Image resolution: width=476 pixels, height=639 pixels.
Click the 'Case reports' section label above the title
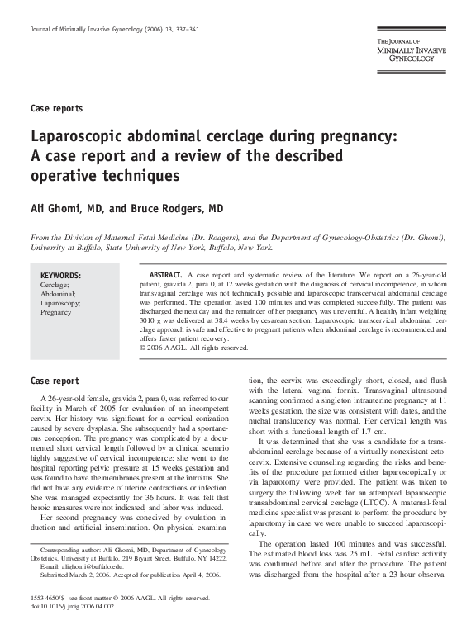click(x=55, y=108)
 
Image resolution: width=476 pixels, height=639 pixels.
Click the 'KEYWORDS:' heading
click(x=60, y=275)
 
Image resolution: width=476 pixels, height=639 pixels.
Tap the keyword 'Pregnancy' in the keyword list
click(x=55, y=313)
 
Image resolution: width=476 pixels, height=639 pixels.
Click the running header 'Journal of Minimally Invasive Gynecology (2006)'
click(x=102, y=30)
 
